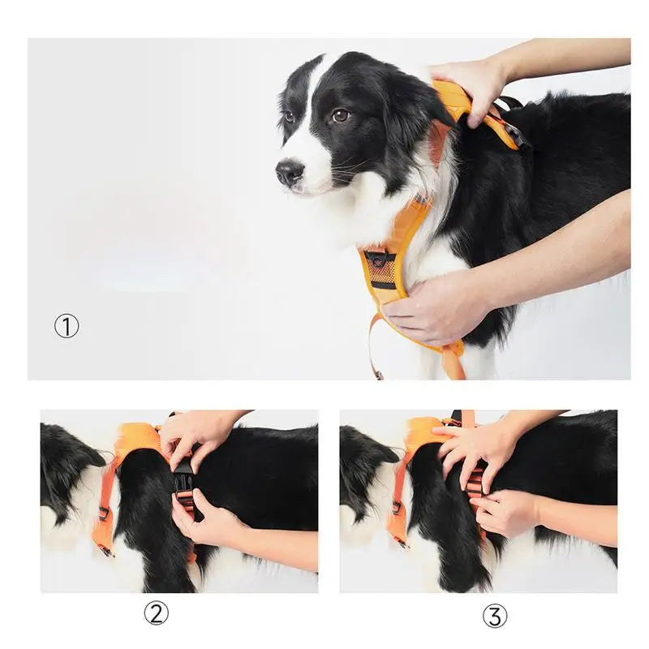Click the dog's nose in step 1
(289, 172)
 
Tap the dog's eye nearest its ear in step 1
(340, 115)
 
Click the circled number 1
(67, 326)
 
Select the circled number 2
(157, 612)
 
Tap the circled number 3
(494, 616)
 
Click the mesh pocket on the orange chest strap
(380, 269)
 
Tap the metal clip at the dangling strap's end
(377, 374)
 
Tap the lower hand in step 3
(507, 511)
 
